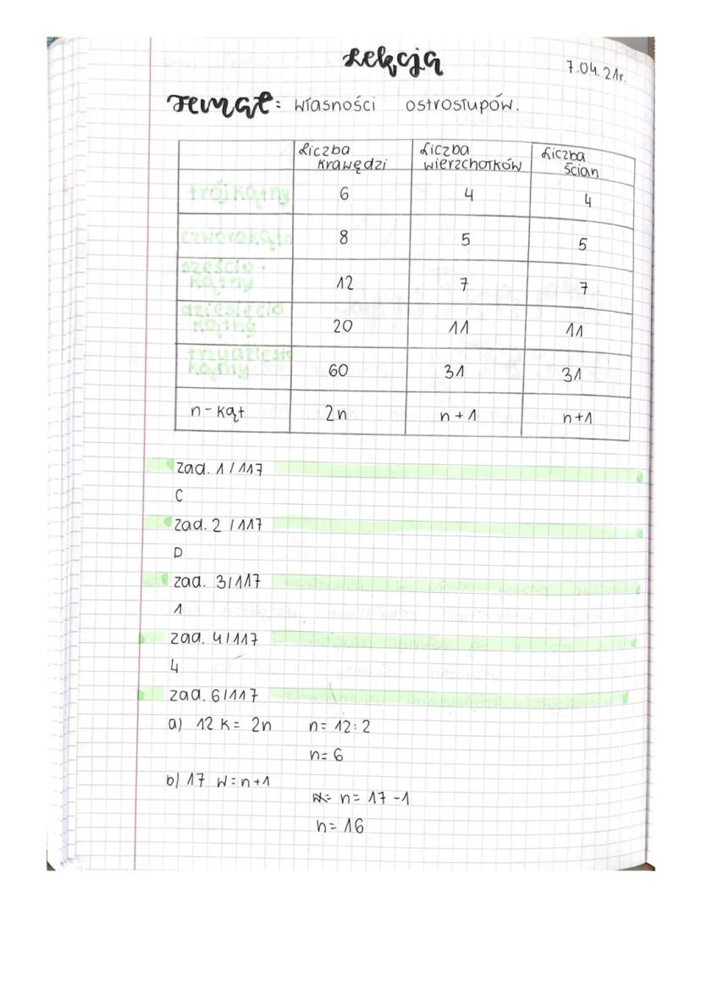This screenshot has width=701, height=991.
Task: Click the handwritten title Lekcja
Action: (x=393, y=62)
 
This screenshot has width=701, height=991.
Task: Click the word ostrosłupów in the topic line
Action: (x=461, y=107)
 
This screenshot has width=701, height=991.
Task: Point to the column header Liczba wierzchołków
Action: (x=471, y=157)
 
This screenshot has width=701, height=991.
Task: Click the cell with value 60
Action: (x=343, y=370)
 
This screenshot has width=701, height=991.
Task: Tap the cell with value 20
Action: (x=343, y=325)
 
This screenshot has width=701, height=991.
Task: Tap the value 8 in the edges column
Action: (x=343, y=238)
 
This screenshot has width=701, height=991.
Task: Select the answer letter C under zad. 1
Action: (x=179, y=497)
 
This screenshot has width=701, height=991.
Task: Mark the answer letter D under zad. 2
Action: (x=179, y=553)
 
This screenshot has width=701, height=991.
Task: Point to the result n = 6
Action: (x=326, y=756)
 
